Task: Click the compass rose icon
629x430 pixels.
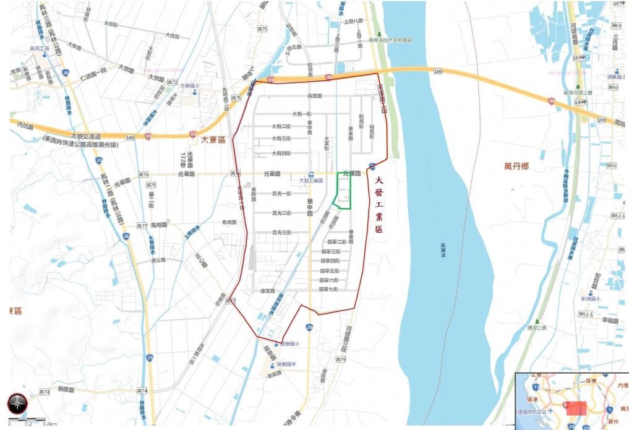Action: pos(17,403)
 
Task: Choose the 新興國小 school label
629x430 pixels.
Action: pos(590,299)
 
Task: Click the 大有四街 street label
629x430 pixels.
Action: pos(281,153)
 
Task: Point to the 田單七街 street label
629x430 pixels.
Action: pos(329,289)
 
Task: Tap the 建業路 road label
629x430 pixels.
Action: pos(267,290)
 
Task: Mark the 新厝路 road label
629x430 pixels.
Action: pos(66,390)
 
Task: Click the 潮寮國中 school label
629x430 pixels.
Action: pos(288,364)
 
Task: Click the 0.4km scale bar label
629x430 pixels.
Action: pos(51,424)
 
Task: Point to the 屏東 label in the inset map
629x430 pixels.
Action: pos(589,381)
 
